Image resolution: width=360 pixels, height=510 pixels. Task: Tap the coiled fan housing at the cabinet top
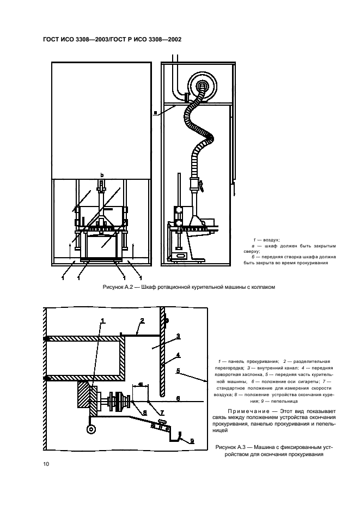[x=204, y=85]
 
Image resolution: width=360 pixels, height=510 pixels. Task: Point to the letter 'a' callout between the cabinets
[x=155, y=113]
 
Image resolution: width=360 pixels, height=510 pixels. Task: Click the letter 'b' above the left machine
[x=101, y=175]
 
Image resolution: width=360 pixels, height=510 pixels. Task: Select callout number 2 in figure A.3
[x=141, y=321]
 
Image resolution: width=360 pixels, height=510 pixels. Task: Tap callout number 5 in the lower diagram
[x=178, y=371]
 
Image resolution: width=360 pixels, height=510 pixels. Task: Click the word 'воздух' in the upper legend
[x=271, y=240]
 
